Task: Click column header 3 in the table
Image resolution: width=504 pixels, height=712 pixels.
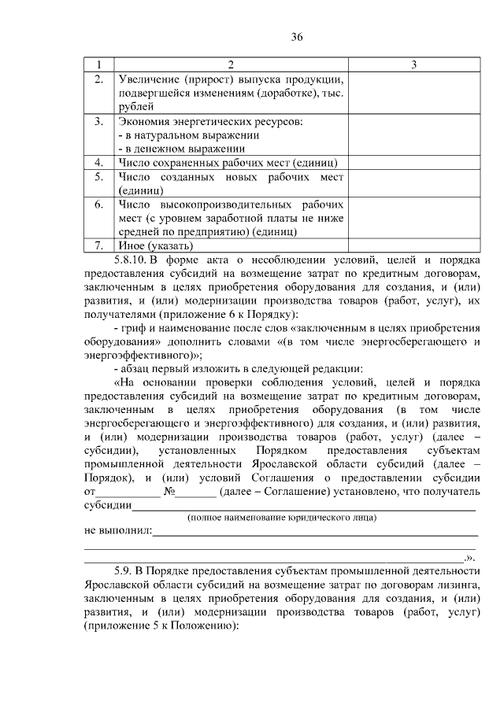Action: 413,63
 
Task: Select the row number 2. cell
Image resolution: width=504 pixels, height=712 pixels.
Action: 98,79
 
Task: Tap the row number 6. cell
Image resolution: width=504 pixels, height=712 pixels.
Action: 98,205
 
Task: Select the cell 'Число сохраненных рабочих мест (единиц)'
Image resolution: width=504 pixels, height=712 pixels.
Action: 228,162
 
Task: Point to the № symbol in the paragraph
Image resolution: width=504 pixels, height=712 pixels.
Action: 168,492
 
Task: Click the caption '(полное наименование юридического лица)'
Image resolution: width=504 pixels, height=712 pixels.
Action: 281,518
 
